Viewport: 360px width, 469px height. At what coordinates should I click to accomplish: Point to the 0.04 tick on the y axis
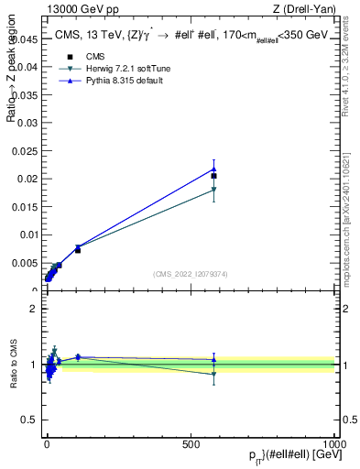tap(27, 67)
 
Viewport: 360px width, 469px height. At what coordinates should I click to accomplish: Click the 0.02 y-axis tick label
tap(27, 180)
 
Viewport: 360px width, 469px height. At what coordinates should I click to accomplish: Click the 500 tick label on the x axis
tap(191, 442)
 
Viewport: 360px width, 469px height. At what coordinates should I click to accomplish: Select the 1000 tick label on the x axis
tap(335, 442)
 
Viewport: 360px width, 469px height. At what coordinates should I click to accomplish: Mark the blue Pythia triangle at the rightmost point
tap(213, 169)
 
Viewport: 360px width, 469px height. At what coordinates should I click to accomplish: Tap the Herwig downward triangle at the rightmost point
tap(213, 190)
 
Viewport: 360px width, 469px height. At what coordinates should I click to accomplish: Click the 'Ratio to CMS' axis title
tap(13, 365)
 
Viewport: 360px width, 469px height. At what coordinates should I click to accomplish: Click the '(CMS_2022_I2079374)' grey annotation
tap(190, 273)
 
